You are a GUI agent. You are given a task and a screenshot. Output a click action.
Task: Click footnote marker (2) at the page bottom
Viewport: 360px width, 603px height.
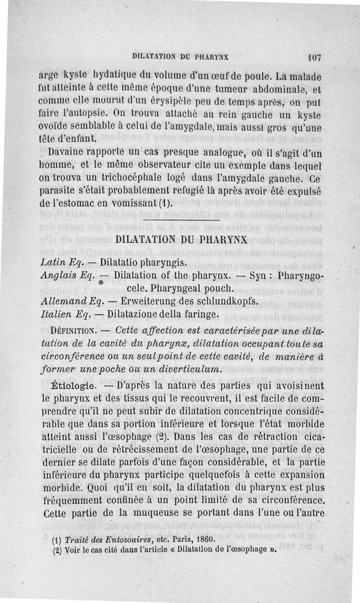coord(57,550)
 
